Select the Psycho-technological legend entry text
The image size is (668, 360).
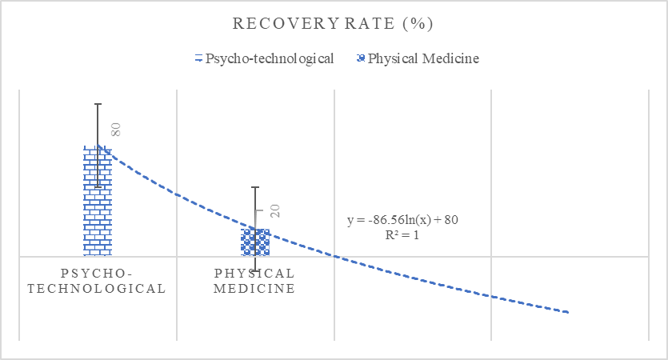(x=270, y=58)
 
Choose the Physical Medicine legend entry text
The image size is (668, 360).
(x=423, y=58)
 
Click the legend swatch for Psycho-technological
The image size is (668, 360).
(x=198, y=59)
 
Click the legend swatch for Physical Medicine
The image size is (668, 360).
(x=360, y=59)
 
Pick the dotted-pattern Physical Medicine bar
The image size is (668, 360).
(x=255, y=242)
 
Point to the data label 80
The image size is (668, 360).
(x=115, y=130)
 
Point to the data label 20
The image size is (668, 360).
(x=274, y=211)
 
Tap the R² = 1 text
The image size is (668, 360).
(x=402, y=235)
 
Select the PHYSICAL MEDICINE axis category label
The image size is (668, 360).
(x=254, y=281)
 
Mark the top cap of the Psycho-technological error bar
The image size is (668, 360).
(x=98, y=104)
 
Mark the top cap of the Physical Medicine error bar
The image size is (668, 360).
(x=255, y=187)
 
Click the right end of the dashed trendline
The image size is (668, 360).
(x=568, y=312)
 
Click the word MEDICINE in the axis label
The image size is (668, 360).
(x=254, y=289)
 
